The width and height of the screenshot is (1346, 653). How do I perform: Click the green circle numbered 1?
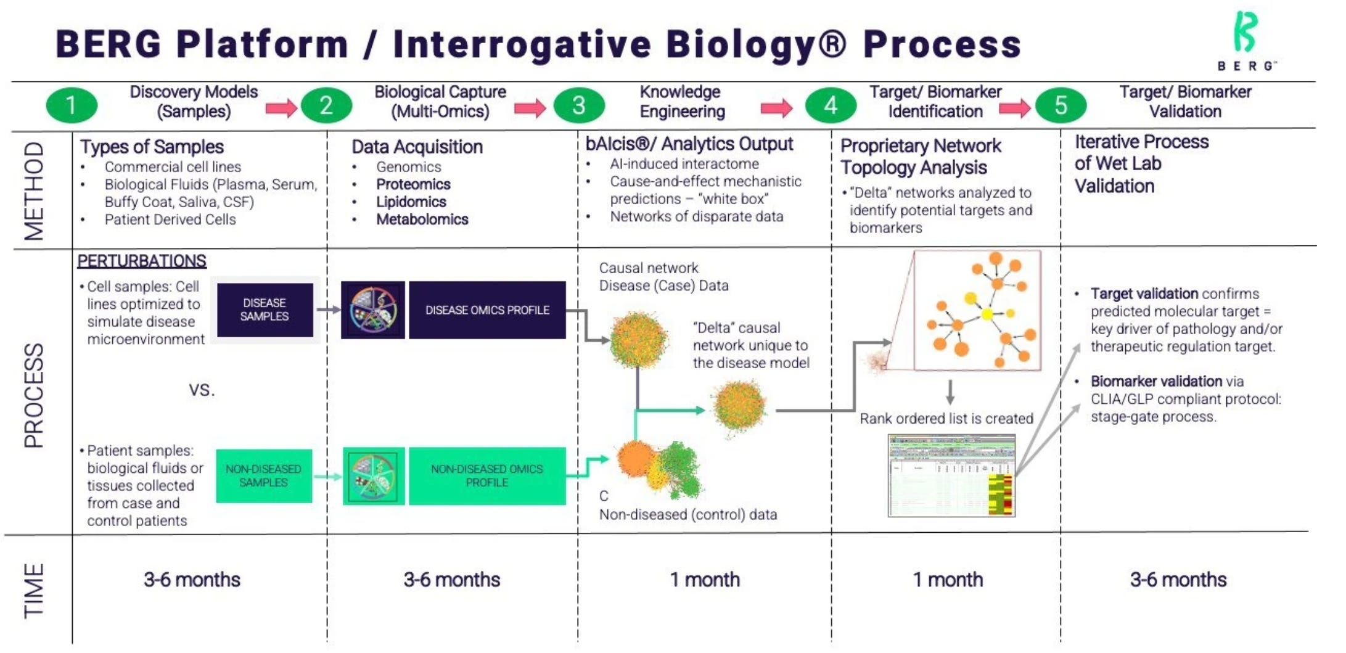point(72,105)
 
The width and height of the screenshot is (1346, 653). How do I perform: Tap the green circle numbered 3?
point(578,105)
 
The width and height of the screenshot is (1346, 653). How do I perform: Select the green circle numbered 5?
point(1061,105)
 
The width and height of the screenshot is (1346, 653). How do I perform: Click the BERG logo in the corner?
point(1246,41)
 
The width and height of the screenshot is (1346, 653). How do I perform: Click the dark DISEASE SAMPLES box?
point(265,310)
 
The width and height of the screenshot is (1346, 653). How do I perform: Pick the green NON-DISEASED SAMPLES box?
point(263,475)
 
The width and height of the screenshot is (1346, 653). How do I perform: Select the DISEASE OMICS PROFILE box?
point(487,310)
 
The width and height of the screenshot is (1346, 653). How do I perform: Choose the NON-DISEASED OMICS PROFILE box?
point(486,476)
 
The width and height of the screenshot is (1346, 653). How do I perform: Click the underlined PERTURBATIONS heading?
point(141,261)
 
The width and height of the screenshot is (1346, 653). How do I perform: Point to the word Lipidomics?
point(411,202)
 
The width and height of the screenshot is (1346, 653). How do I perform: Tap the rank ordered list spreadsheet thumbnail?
point(951,475)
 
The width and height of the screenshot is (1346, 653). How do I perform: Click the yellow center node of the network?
point(987,314)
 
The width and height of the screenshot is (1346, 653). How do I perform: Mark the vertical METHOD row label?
point(35,191)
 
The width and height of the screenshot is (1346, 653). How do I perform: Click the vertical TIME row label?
point(35,590)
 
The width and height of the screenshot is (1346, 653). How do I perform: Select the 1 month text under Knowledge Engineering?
point(705,580)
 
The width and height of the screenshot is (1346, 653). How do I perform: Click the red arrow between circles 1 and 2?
point(281,109)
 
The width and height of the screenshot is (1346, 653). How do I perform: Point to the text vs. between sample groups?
point(202,390)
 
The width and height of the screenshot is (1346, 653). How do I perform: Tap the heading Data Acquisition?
point(417,147)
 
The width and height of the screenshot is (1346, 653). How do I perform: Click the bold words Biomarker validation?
point(1156,381)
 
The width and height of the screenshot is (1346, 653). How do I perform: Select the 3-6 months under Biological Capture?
point(451,580)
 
